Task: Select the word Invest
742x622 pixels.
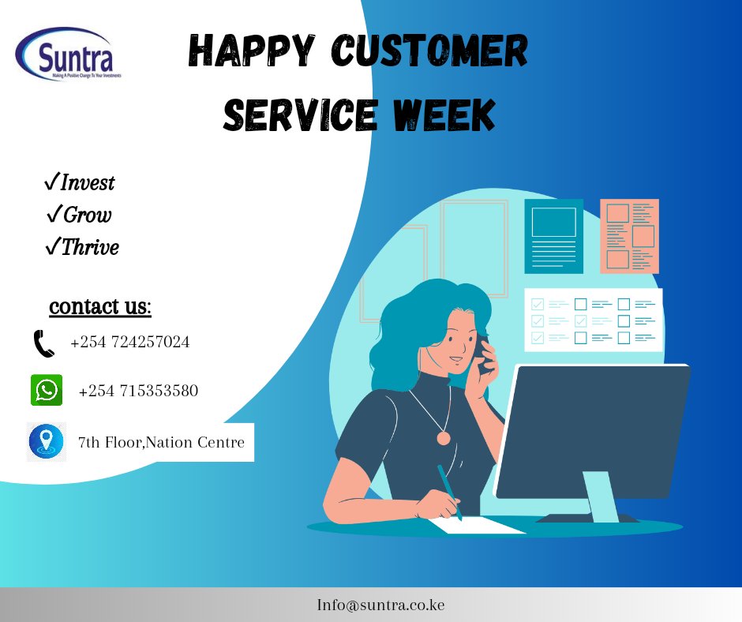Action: (x=88, y=183)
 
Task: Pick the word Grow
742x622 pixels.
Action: (x=87, y=215)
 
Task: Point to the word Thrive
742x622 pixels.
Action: (x=90, y=248)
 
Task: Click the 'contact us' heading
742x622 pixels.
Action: (x=100, y=306)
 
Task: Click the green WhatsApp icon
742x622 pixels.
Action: (x=47, y=390)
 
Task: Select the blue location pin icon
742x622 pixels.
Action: (x=47, y=441)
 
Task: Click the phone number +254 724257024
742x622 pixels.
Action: (x=129, y=343)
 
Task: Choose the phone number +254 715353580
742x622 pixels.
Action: (x=138, y=391)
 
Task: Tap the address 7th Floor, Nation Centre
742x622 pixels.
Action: (x=161, y=443)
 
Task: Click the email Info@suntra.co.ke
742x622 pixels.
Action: (x=380, y=605)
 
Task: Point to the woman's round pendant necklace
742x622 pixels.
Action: (x=444, y=437)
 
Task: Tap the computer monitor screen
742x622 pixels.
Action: (x=593, y=430)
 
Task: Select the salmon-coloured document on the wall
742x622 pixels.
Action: (x=629, y=236)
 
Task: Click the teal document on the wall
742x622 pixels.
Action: (x=553, y=236)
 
